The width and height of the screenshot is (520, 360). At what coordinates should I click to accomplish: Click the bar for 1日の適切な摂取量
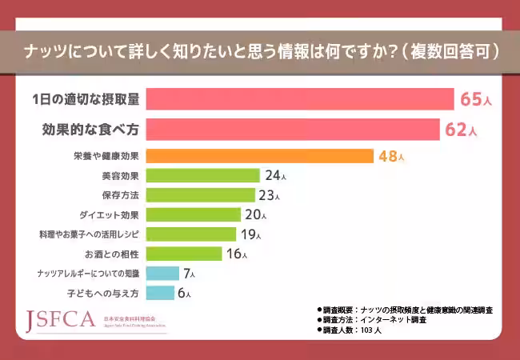pos(301,99)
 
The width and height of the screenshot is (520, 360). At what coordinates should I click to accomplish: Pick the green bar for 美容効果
pos(204,175)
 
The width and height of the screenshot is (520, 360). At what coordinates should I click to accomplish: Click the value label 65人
pos(475,99)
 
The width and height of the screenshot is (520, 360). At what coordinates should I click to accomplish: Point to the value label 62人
pos(461,129)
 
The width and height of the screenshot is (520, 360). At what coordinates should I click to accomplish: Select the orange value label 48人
pos(391,156)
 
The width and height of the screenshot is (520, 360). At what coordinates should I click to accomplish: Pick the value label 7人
pos(188,274)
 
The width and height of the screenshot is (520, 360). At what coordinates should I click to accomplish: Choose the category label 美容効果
pos(122,175)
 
